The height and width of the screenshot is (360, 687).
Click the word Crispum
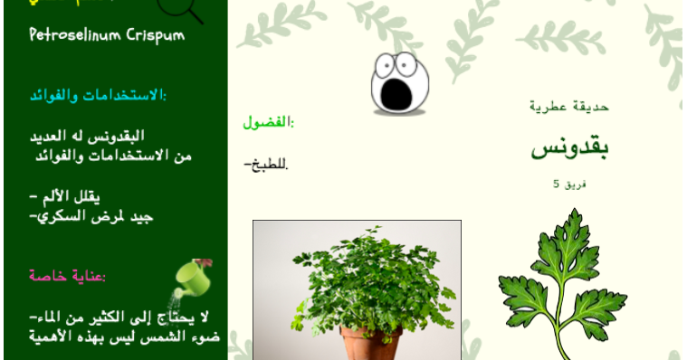152,35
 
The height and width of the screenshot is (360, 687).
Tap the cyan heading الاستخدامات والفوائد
99,95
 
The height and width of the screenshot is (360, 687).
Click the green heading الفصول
269,122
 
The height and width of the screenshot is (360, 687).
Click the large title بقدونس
569,148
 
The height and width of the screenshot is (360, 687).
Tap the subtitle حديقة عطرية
569,107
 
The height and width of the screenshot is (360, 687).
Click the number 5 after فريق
557,184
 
